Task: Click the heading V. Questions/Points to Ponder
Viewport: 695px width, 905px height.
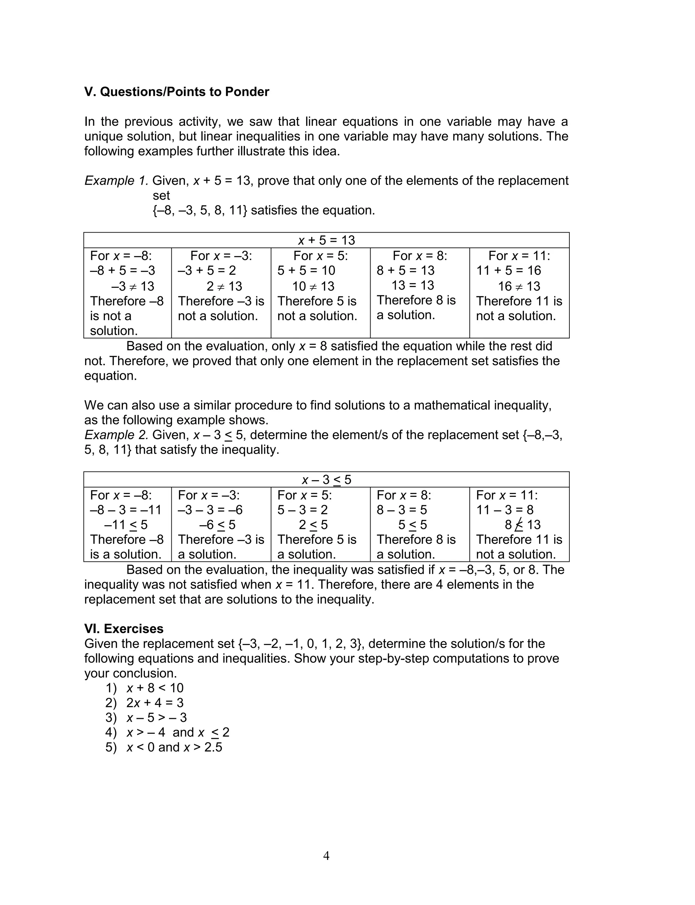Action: click(177, 92)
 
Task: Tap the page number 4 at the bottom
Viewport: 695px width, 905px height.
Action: click(326, 855)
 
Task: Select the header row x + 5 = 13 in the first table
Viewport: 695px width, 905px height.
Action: click(326, 240)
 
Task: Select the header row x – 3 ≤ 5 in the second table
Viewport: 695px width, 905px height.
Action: click(326, 479)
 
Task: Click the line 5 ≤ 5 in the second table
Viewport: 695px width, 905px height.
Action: click(412, 525)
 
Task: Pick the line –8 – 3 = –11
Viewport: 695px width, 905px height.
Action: click(125, 510)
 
